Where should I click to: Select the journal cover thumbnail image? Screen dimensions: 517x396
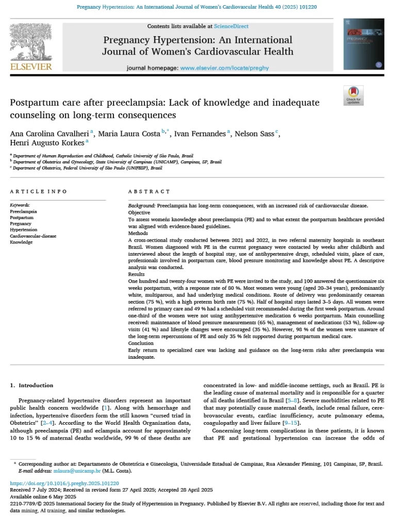(364, 44)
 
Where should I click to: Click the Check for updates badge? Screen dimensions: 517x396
(354, 95)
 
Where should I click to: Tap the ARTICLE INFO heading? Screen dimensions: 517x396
(39, 192)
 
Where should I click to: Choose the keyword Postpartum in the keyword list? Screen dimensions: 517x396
(22, 218)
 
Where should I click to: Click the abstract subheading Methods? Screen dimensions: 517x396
(138, 234)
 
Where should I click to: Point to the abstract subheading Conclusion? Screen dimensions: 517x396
(141, 343)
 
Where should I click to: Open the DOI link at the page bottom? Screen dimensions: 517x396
(57, 483)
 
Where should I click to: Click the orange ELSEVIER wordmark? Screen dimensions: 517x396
(30, 66)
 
